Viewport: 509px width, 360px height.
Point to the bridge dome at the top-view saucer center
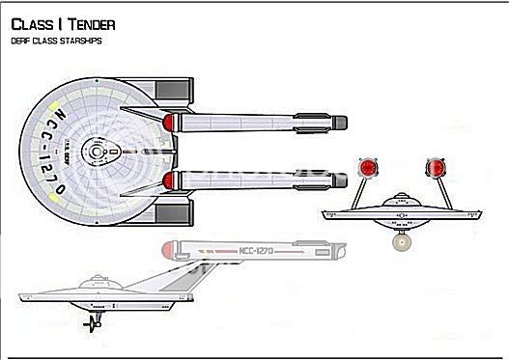click(97, 150)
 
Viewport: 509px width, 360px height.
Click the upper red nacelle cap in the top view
click(172, 122)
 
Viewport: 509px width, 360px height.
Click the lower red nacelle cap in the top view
click(172, 180)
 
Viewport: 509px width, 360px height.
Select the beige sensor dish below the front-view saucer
click(400, 242)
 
